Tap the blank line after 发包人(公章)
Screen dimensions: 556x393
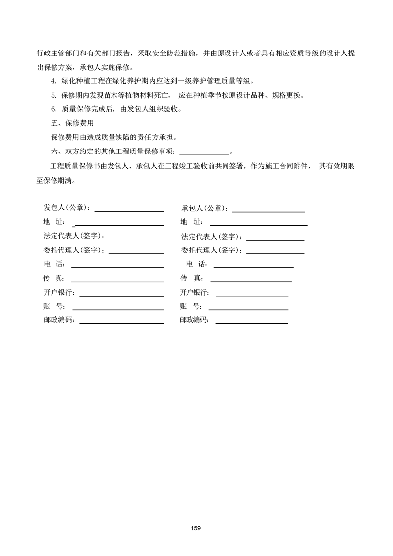[129, 211]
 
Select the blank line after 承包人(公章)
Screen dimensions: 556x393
[269, 211]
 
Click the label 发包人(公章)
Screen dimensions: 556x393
[66, 208]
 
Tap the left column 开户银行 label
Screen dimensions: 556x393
[58, 292]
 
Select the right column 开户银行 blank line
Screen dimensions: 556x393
[252, 295]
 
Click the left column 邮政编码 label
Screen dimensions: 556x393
[58, 320]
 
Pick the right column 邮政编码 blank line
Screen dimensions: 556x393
[251, 323]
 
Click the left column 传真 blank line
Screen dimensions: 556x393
[117, 281]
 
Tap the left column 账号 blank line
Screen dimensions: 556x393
[117, 309]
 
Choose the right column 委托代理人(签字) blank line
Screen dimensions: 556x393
[275, 253]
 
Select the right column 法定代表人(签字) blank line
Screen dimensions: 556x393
[275, 240]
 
